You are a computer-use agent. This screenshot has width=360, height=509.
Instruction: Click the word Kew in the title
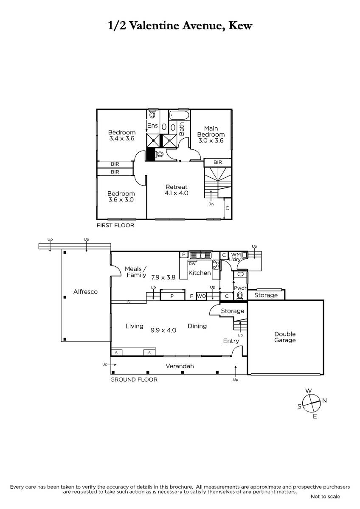pyautogui.click(x=240, y=25)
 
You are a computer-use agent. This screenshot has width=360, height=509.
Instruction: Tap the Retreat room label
pyautogui.click(x=177, y=187)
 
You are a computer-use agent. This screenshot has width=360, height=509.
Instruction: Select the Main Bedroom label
pyautogui.click(x=211, y=131)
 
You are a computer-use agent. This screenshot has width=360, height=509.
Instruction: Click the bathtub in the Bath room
pyautogui.click(x=179, y=115)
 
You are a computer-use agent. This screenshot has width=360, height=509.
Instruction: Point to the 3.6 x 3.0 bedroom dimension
pyautogui.click(x=121, y=199)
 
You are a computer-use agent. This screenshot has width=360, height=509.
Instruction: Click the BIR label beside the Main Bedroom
pyautogui.click(x=218, y=162)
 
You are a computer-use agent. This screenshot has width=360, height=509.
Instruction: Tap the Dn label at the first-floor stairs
pyautogui.click(x=211, y=204)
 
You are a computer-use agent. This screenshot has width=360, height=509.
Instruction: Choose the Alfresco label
pyautogui.click(x=85, y=291)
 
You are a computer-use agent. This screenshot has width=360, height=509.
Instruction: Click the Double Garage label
pyautogui.click(x=285, y=337)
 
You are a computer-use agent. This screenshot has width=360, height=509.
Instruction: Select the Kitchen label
pyautogui.click(x=200, y=273)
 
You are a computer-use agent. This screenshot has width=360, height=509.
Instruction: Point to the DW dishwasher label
pyautogui.click(x=192, y=263)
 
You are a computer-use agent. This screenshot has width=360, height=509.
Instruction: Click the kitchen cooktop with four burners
pyautogui.click(x=216, y=265)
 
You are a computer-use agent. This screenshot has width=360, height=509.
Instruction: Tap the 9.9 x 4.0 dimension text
pyautogui.click(x=163, y=330)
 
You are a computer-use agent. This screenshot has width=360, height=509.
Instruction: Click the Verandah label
pyautogui.click(x=180, y=366)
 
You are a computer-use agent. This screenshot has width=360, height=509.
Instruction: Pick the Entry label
pyautogui.click(x=231, y=341)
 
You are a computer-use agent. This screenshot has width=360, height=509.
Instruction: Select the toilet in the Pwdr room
pyautogui.click(x=240, y=295)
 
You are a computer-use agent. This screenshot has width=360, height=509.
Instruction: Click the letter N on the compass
pyautogui.click(x=324, y=400)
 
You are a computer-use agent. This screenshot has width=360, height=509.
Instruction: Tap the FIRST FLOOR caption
pyautogui.click(x=115, y=225)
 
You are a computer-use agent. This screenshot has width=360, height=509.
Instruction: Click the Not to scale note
pyautogui.click(x=325, y=497)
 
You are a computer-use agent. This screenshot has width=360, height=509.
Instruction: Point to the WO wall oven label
pyautogui.click(x=201, y=296)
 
